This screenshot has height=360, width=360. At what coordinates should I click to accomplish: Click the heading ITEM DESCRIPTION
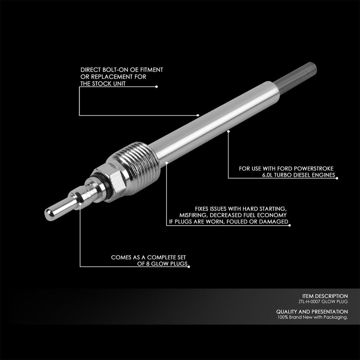pyautogui.click(x=325, y=296)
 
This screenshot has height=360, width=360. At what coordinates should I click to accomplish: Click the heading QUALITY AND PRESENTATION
pyautogui.click(x=312, y=311)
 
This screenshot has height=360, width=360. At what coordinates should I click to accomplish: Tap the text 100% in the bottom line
pyautogui.click(x=283, y=318)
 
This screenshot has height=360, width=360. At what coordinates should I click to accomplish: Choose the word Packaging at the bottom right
pyautogui.click(x=336, y=318)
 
